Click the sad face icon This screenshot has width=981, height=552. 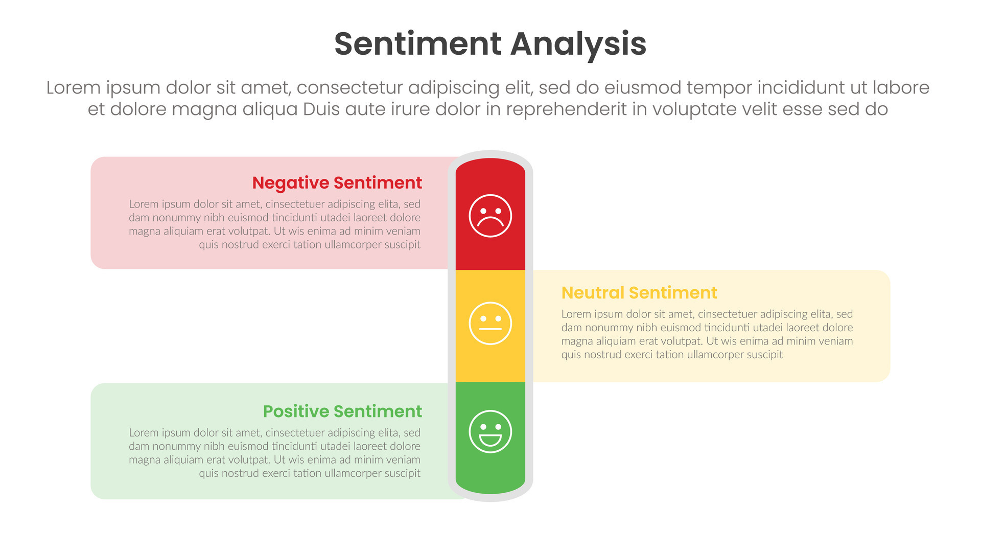(490, 216)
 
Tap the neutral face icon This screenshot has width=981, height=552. (490, 324)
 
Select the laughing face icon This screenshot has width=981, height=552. (490, 431)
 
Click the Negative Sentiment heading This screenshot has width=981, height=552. (337, 182)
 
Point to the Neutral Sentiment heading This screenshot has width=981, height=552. (639, 292)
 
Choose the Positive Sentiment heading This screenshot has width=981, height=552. (342, 411)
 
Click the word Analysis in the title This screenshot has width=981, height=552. (578, 44)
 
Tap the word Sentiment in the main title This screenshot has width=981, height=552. (418, 44)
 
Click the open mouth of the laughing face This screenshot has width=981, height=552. (490, 440)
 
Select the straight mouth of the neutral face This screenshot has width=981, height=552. (490, 329)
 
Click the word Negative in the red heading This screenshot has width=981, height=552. (291, 182)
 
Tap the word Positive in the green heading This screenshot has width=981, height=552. (296, 411)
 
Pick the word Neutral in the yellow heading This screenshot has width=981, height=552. (593, 292)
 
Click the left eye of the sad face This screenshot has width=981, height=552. (483, 210)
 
